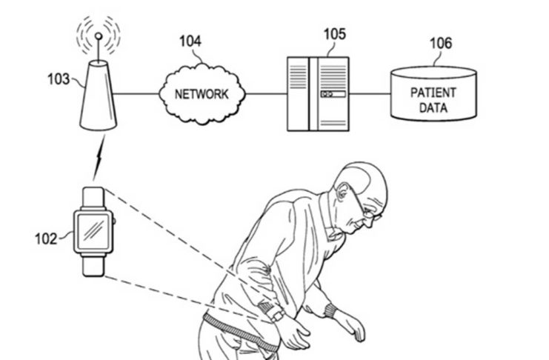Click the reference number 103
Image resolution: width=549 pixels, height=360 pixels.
tap(57, 78)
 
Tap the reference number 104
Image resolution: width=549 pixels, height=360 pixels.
tap(190, 41)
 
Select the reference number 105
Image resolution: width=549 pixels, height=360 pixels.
tap(334, 34)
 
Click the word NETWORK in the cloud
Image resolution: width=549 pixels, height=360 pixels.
tap(201, 94)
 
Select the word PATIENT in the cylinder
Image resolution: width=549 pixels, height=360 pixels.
tap(433, 94)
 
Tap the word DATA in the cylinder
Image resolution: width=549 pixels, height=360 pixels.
tap(433, 108)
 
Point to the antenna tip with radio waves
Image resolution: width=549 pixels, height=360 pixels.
tap(97, 34)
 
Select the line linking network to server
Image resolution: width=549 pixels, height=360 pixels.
tap(267, 94)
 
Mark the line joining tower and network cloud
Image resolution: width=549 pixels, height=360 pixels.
tap(139, 94)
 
